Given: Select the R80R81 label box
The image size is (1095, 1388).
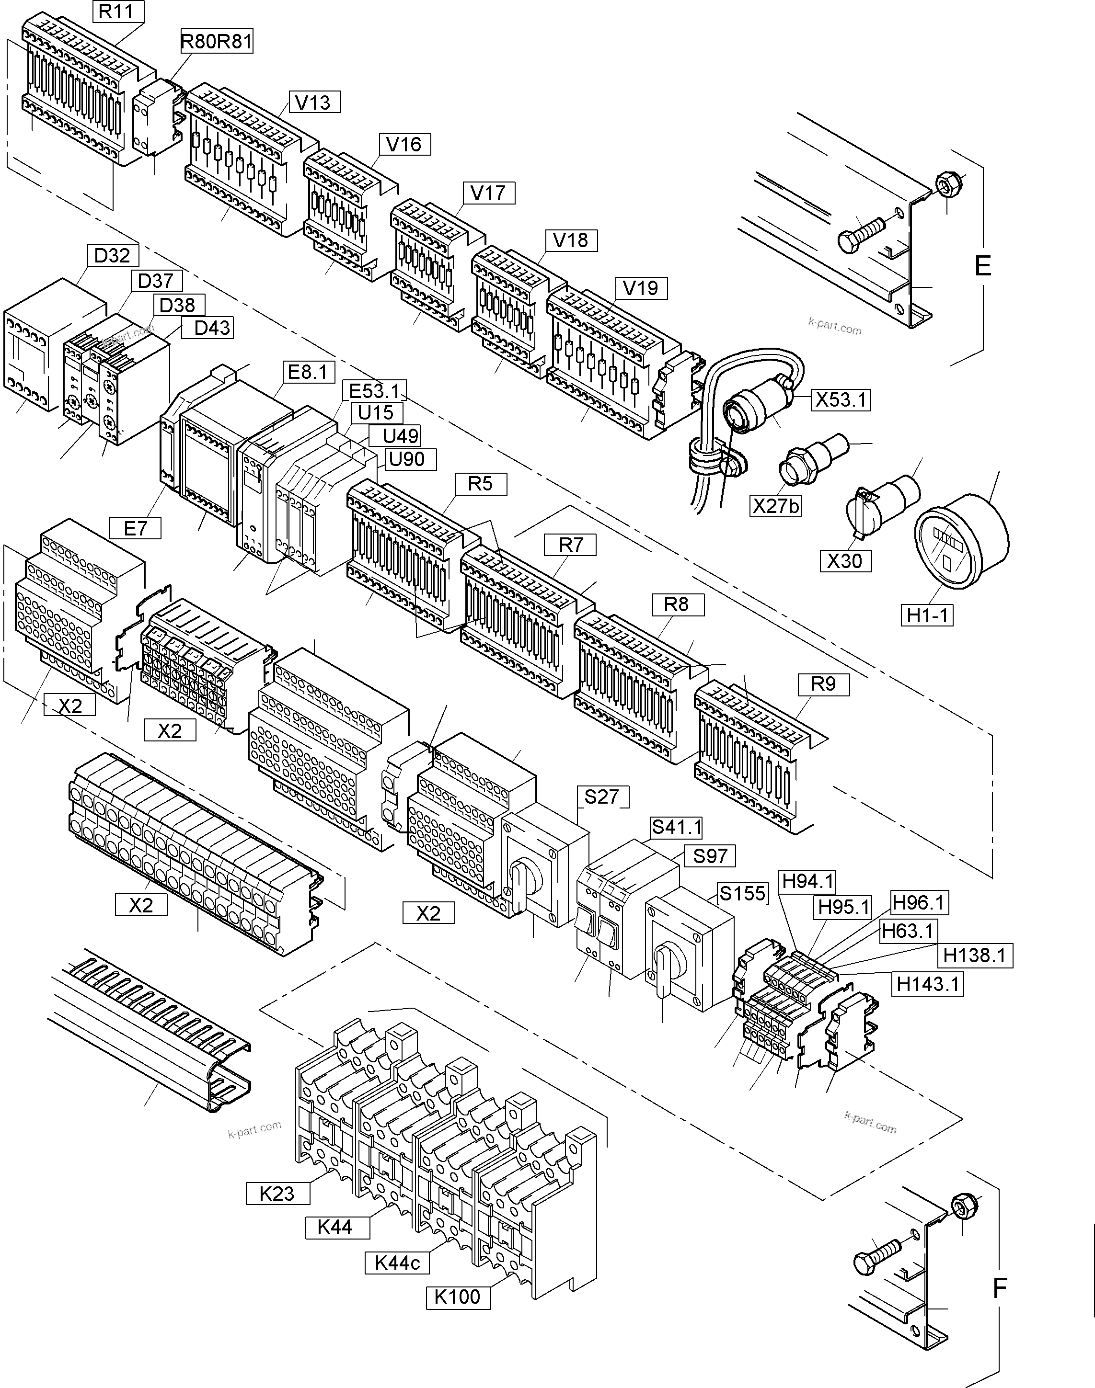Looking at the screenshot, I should click(217, 42).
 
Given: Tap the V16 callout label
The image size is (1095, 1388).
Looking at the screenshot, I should click(404, 144).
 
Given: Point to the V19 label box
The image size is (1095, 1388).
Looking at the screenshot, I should click(640, 288).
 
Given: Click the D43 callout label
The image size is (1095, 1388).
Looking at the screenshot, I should click(211, 328).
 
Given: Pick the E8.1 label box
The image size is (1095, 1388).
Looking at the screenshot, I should click(308, 372).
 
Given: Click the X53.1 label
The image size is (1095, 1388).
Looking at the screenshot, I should click(841, 400).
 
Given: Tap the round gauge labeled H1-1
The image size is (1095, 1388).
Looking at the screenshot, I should click(962, 540).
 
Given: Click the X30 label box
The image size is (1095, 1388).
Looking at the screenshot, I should click(844, 561).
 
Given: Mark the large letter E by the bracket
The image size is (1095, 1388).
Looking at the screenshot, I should click(982, 266).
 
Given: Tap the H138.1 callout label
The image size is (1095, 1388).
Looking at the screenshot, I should click(974, 956).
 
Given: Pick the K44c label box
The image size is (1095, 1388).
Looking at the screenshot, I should click(397, 1263).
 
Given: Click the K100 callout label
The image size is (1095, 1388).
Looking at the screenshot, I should click(457, 1297).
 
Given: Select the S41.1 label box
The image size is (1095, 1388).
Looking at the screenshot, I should click(676, 827).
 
